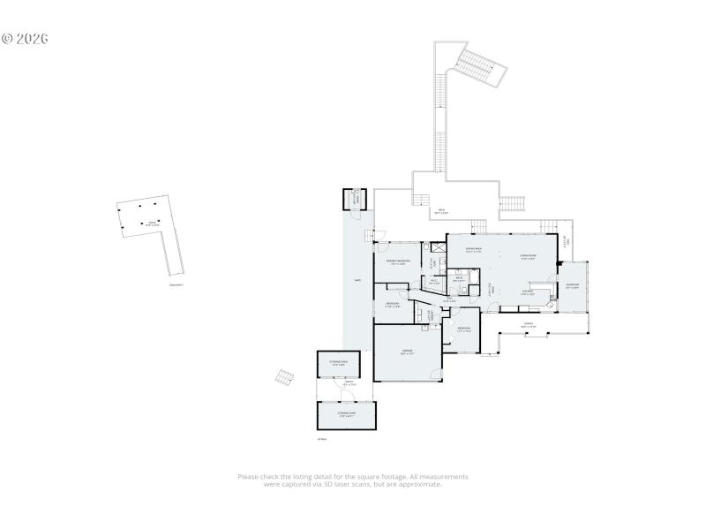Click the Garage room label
pos(408,351)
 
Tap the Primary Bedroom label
pos(397,262)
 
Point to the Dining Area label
pos(474,250)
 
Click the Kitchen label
pos(528,291)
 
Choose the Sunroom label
pos(573,285)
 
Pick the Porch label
pos(529,324)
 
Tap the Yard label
pos(357,280)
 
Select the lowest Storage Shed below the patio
pos(346,414)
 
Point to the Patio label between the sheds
pos(349,384)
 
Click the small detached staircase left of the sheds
pos(284,377)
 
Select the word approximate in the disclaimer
pos(421,484)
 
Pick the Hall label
pos(449,300)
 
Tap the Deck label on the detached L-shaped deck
pos(153,223)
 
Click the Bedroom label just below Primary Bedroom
pos(393,305)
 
